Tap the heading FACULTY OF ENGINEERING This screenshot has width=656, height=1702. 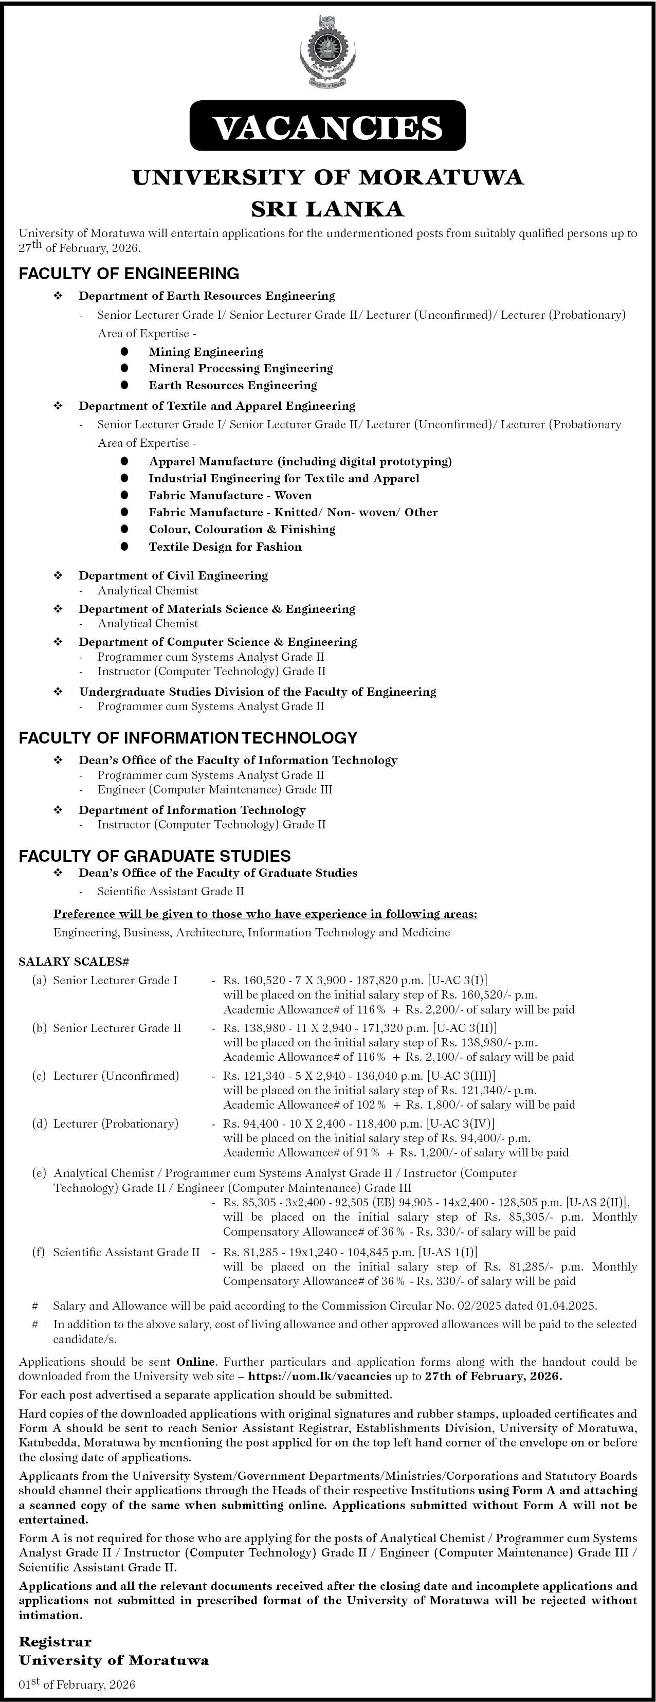(x=129, y=273)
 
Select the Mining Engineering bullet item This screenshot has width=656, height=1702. (x=206, y=352)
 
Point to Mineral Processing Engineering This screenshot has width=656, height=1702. (x=241, y=368)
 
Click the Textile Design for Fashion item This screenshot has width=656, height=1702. (x=225, y=547)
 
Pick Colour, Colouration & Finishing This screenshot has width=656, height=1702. (x=242, y=529)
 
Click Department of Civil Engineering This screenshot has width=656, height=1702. (x=173, y=575)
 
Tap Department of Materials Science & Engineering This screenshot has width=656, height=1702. (x=216, y=608)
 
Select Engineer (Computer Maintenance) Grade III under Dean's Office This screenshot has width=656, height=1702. (x=215, y=790)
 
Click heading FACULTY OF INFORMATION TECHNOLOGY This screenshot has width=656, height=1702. (x=188, y=737)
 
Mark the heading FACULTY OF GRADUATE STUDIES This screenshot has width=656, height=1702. (x=155, y=856)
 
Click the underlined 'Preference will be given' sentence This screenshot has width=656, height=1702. (x=265, y=914)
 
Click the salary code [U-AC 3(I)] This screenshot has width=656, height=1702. (x=458, y=980)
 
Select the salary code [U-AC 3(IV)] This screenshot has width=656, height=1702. (x=461, y=1123)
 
